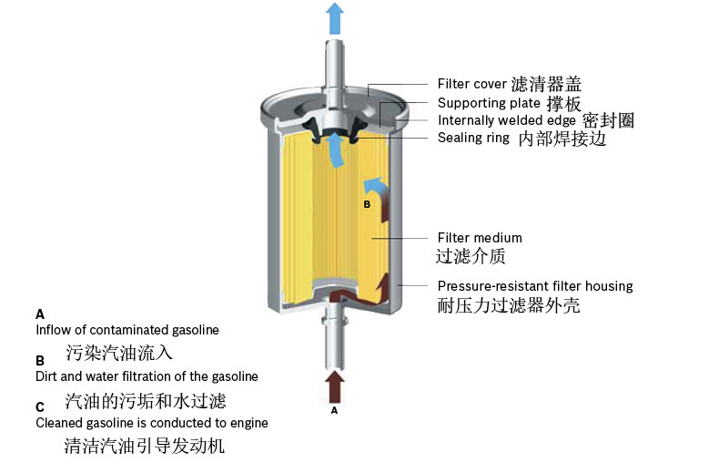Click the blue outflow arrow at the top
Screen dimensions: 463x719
(335, 17)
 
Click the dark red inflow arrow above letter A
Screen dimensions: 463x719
(335, 386)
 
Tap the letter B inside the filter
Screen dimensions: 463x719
(367, 205)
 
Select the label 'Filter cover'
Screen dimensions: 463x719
(471, 84)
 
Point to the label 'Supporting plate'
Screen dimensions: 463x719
(483, 103)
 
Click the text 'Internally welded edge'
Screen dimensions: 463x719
(506, 120)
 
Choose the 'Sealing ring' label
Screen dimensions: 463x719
(473, 138)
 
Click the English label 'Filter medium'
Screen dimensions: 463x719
(480, 238)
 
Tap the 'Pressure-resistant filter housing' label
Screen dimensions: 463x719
(534, 286)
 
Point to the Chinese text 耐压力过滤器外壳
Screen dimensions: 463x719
(508, 305)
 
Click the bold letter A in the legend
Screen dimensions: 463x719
(40, 313)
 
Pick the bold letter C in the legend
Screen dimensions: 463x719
(40, 406)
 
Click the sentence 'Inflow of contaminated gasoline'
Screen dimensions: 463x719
(127, 329)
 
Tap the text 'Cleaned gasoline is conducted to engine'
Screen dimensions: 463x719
(151, 423)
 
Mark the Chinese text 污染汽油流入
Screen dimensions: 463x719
(118, 352)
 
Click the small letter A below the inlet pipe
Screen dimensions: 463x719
(334, 411)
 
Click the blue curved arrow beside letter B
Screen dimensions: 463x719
(376, 190)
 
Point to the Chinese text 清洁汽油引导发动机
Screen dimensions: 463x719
(144, 447)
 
